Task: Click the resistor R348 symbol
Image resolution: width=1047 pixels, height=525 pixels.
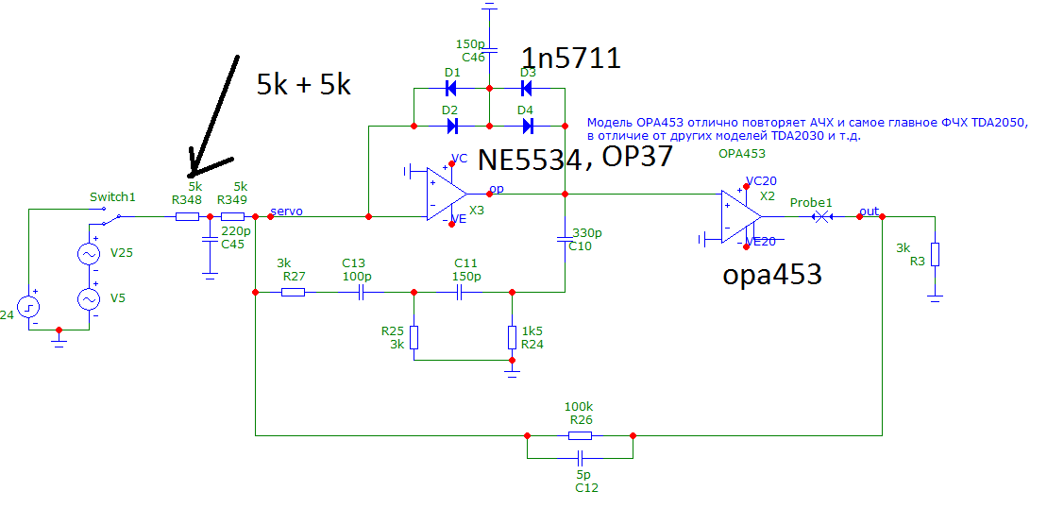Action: (x=187, y=216)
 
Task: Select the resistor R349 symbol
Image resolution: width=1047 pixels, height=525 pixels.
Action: (x=232, y=216)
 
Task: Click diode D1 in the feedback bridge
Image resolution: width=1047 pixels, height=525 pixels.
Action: (x=451, y=89)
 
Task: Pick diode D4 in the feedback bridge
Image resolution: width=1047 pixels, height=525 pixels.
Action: (x=527, y=125)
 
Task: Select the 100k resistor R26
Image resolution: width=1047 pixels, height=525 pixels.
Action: (x=580, y=435)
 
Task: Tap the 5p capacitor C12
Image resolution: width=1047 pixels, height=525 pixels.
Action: (x=580, y=453)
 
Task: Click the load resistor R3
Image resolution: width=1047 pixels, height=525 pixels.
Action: (x=935, y=254)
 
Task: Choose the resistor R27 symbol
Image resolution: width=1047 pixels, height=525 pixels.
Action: (x=293, y=292)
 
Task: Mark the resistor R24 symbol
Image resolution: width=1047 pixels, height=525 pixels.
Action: (x=512, y=337)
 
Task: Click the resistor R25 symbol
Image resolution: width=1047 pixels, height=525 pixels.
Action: (x=414, y=337)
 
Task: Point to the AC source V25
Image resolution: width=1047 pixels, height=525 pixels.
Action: (x=89, y=255)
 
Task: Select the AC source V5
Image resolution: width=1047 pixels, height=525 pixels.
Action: (x=89, y=298)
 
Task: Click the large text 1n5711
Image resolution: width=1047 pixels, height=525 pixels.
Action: (x=570, y=59)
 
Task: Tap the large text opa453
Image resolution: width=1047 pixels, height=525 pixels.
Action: (x=772, y=275)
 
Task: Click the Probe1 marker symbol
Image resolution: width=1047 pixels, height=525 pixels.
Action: (x=823, y=216)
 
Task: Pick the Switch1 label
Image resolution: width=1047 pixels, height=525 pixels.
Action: (x=113, y=197)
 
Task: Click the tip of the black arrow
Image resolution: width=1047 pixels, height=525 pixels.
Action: (x=192, y=175)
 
